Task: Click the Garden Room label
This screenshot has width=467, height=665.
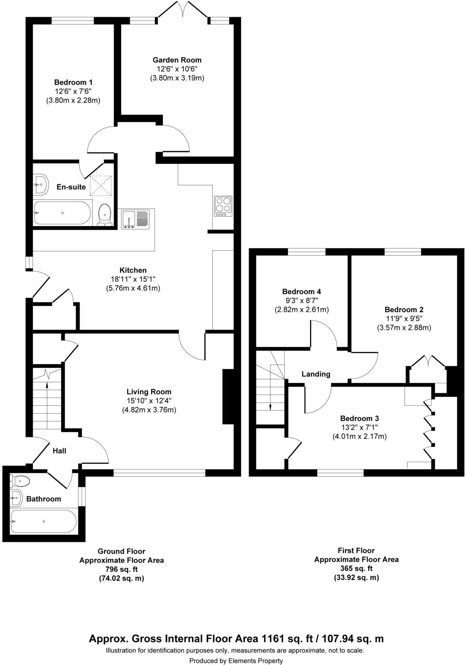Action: click(177, 60)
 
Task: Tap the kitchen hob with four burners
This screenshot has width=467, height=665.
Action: click(223, 206)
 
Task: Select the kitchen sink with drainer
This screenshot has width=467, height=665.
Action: click(135, 219)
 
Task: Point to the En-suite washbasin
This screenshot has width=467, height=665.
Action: click(40, 184)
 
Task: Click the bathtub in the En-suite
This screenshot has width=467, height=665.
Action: click(62, 213)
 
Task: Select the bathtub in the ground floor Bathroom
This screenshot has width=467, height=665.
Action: click(43, 521)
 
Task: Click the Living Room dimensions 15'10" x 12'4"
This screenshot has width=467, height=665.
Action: click(149, 401)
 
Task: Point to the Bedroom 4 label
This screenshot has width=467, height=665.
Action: click(302, 292)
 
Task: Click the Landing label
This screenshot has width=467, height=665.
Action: click(316, 374)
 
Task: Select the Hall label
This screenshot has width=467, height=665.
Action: click(60, 451)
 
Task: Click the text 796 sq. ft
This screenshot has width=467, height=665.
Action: click(121, 569)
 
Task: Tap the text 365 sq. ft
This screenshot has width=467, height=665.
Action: click(356, 568)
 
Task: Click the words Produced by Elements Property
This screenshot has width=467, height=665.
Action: click(236, 661)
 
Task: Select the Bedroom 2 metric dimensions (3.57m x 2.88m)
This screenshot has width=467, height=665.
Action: click(404, 327)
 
